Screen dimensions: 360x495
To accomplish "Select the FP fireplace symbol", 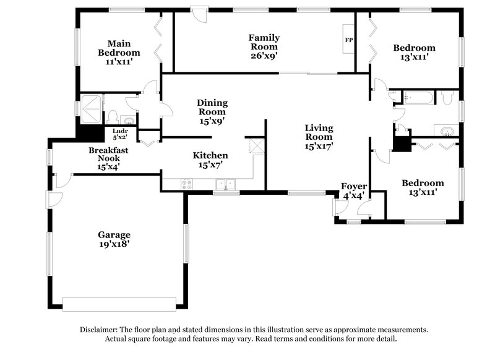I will tap(349, 41).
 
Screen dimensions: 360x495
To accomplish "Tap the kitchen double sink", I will tap(225, 184).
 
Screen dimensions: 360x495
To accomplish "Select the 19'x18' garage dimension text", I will tap(114, 244).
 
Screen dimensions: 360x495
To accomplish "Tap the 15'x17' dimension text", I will tap(319, 147).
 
